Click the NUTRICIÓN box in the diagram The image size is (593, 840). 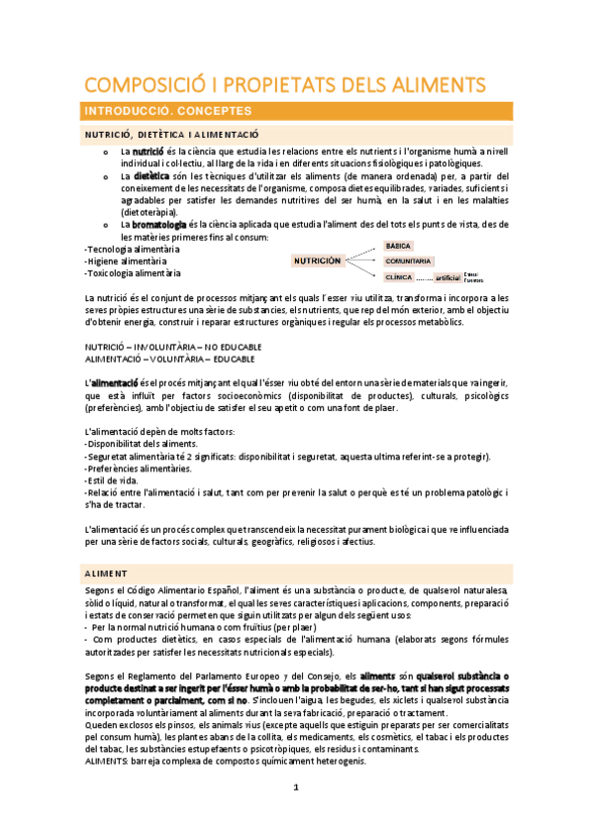point(317,261)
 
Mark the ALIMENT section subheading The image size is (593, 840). point(107,573)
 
